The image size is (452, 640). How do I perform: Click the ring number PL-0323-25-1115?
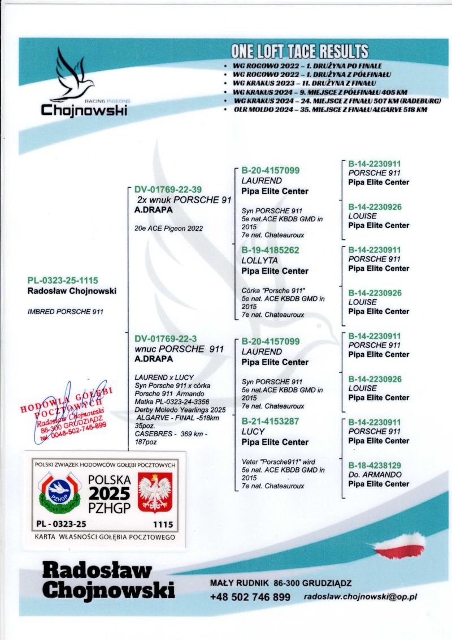(63, 281)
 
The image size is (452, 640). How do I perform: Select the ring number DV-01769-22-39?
(168, 190)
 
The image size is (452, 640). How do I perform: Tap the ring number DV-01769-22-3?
(166, 339)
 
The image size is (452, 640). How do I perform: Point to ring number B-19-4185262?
(270, 250)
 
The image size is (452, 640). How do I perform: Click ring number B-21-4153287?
(270, 422)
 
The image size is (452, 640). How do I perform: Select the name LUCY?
(253, 432)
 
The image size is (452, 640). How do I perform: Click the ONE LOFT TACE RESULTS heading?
(299, 51)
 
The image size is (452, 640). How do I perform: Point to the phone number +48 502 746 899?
(250, 597)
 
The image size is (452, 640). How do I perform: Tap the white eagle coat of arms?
(155, 492)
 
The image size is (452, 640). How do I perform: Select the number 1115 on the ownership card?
(162, 524)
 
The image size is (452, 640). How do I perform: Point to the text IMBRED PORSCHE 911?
(65, 311)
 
